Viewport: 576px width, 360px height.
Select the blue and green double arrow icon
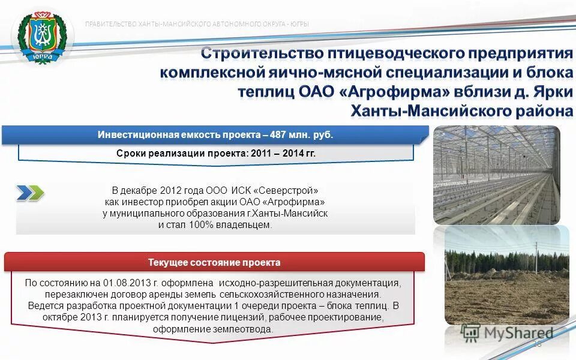coord(30,193)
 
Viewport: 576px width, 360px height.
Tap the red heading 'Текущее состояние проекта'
coord(214,263)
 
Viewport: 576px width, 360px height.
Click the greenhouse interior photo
coord(496,175)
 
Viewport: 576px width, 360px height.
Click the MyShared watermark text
coord(518,334)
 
